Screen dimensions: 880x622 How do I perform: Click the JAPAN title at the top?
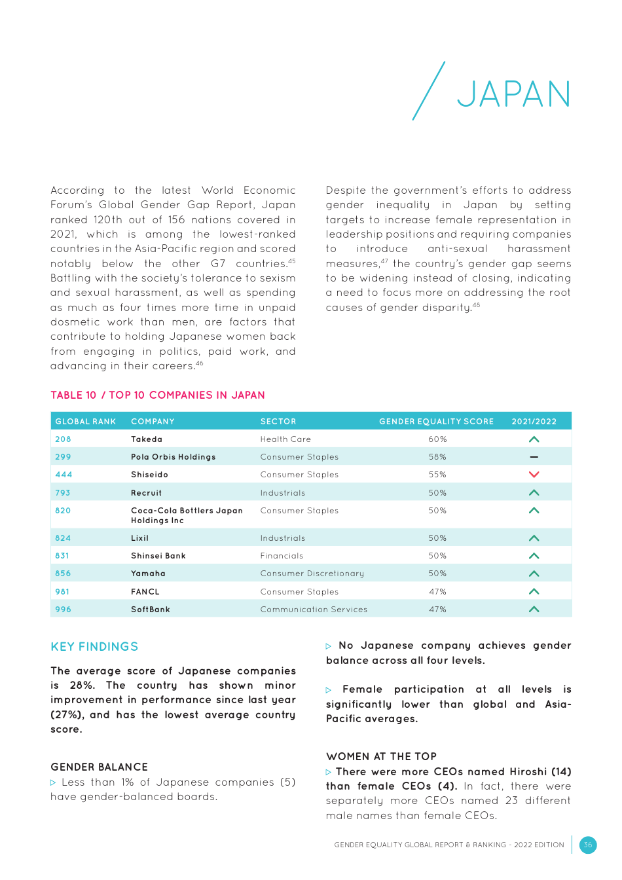513,94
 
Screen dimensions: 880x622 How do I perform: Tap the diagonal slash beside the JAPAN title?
429,91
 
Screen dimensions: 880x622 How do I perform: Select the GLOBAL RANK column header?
86,422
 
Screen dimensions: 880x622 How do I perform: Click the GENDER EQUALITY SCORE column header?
436,422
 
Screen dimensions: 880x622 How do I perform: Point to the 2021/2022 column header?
534,422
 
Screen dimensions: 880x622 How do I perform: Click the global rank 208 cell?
63,439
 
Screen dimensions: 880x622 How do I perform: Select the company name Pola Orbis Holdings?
173,457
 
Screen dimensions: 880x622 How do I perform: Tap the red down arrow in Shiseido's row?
534,475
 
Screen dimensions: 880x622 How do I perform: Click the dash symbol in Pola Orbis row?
534,457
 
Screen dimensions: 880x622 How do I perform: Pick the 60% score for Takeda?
437,439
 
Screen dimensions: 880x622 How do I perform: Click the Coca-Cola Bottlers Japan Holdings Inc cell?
187,515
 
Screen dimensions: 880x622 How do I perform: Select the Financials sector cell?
282,556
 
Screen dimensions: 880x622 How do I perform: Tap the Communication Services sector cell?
314,610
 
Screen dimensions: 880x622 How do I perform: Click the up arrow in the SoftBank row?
534,610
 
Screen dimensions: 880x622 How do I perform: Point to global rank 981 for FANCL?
62,592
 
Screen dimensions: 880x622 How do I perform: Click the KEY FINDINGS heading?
94,647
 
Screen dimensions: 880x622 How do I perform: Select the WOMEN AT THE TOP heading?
381,756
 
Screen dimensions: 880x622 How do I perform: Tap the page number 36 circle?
587,845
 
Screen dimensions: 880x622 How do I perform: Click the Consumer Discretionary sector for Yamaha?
312,574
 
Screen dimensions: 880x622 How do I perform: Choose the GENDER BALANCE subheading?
99,767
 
